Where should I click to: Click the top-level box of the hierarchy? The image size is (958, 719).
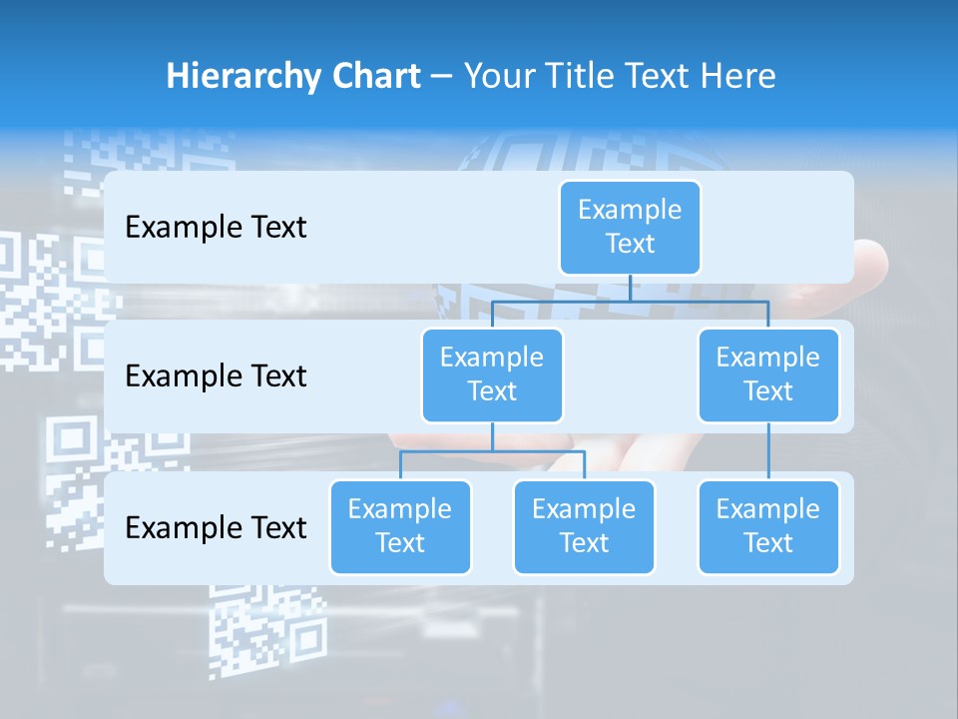point(630,227)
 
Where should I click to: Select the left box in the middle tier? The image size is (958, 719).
point(492,374)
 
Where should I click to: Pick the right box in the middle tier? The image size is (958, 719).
point(768,374)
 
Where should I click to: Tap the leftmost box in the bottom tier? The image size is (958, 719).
point(400,526)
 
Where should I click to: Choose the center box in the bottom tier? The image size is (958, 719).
point(584,526)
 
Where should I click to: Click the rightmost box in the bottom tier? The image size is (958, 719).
point(768,526)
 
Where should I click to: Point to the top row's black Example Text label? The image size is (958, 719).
point(216,228)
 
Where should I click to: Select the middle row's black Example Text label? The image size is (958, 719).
point(216,376)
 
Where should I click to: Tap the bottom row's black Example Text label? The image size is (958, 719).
point(216,527)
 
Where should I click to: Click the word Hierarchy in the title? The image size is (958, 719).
point(242,77)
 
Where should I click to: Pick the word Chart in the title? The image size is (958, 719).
point(375,76)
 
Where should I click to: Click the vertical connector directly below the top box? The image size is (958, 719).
point(630,288)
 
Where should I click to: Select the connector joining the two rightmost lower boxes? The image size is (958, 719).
point(768,450)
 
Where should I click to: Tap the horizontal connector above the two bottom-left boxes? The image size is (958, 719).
point(492,451)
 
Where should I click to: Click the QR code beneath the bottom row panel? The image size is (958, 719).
point(267,629)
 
